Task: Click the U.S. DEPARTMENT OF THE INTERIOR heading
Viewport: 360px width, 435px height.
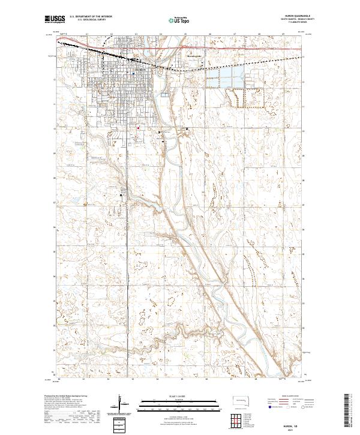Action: tap(90, 17)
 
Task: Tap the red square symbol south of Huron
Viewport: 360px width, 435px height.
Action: tap(137, 127)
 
